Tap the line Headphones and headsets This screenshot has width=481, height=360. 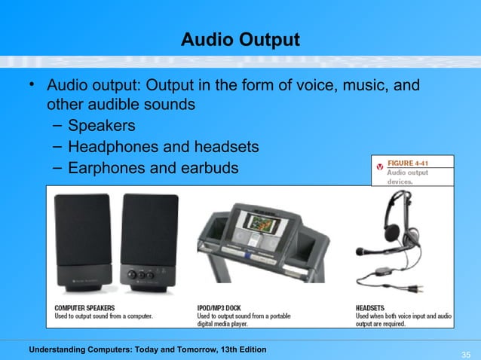pyautogui.click(x=163, y=146)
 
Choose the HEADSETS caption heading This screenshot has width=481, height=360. pyautogui.click(x=370, y=307)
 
